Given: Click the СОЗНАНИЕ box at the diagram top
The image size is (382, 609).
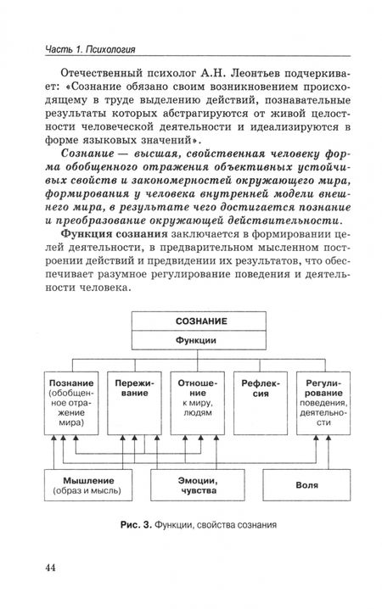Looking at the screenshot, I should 201,321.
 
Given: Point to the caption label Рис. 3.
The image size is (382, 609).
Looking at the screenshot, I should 136,522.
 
